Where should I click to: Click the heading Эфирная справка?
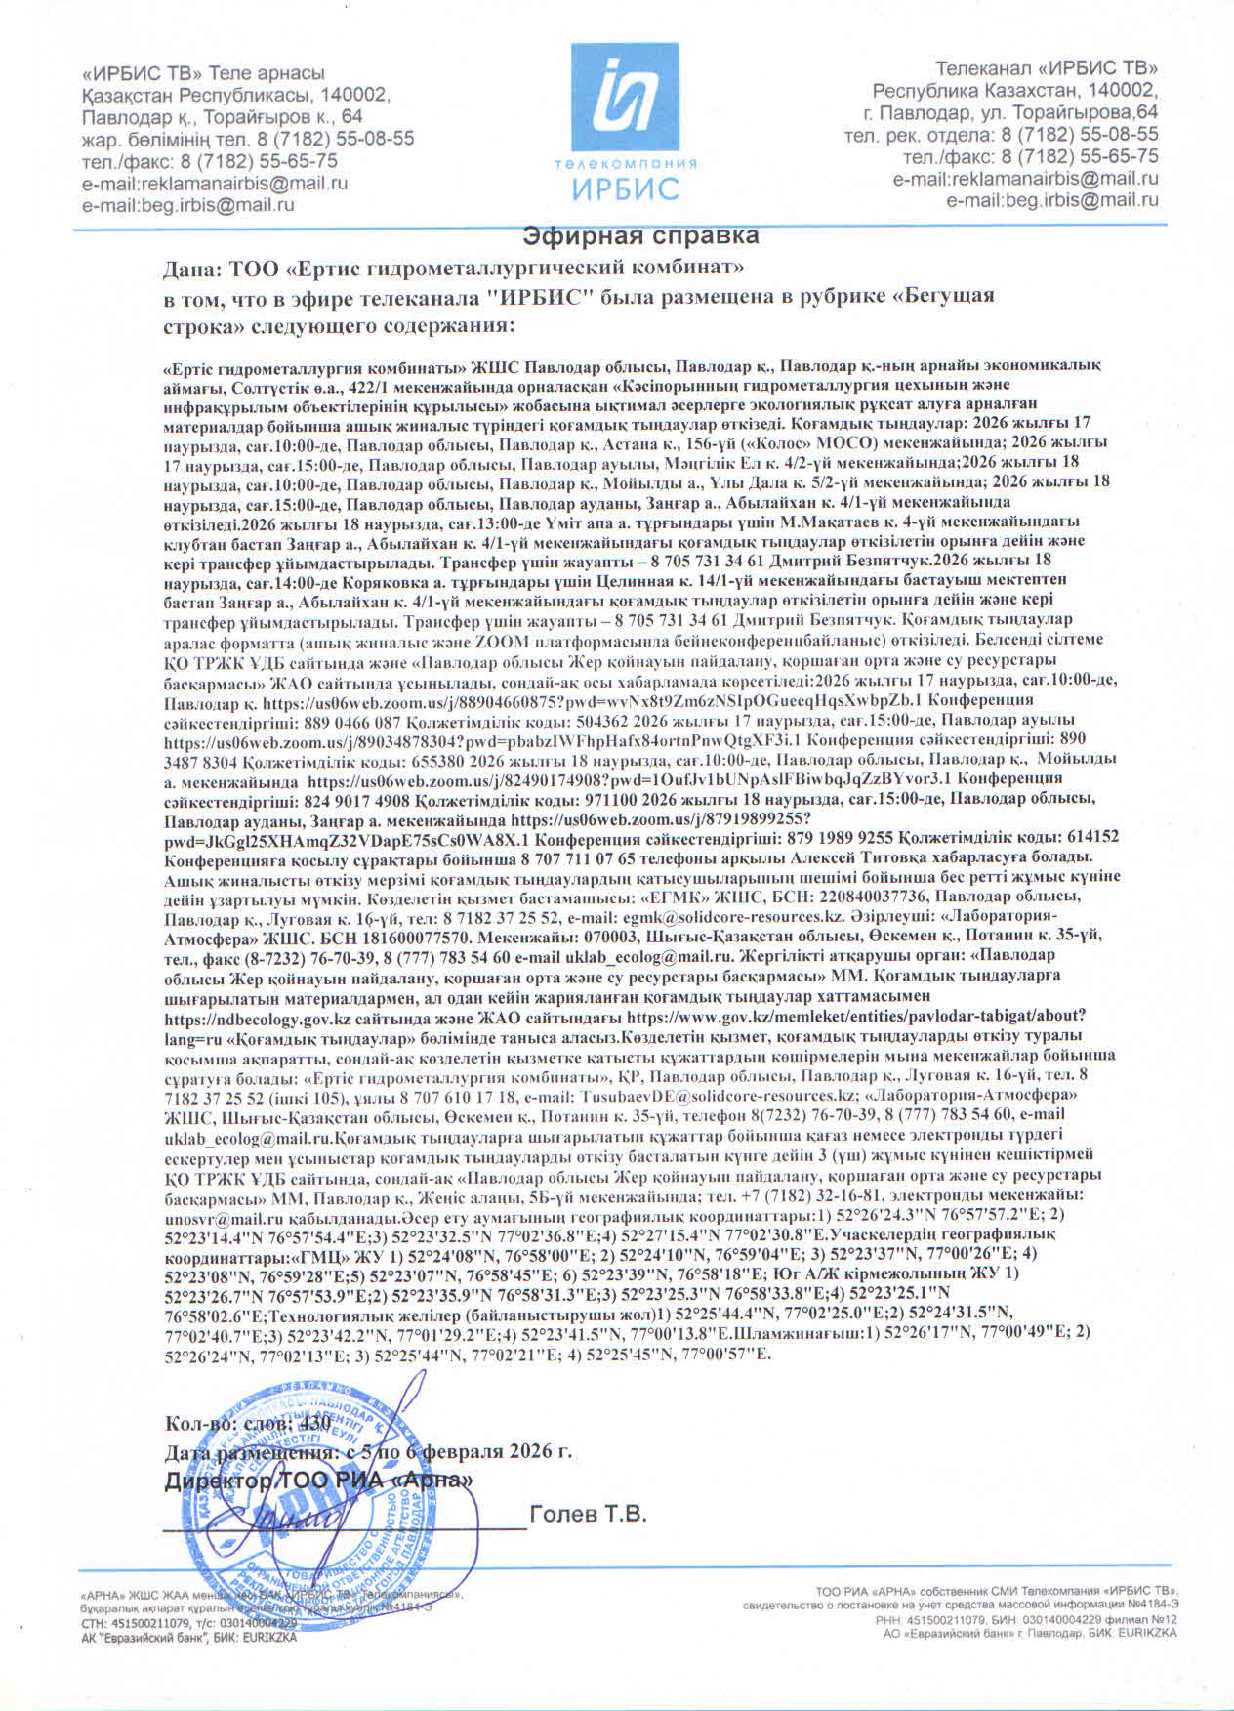click(x=640, y=236)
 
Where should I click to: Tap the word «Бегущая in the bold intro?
click(x=944, y=296)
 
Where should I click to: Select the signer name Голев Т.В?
click(x=588, y=1515)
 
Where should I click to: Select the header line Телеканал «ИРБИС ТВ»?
click(x=1046, y=68)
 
